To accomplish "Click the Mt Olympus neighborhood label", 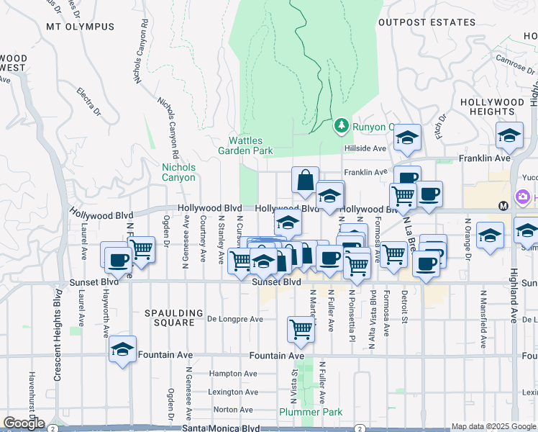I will click(80, 27).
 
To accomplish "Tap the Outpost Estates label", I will click(427, 22).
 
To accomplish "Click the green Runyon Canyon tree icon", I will click(342, 126).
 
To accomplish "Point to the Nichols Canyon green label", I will click(178, 172).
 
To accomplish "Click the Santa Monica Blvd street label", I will click(210, 428).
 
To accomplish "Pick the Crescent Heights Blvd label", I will click(57, 335).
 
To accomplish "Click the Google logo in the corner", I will click(24, 423).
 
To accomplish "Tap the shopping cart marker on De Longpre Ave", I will click(301, 329).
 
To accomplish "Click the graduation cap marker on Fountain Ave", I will click(122, 350).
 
